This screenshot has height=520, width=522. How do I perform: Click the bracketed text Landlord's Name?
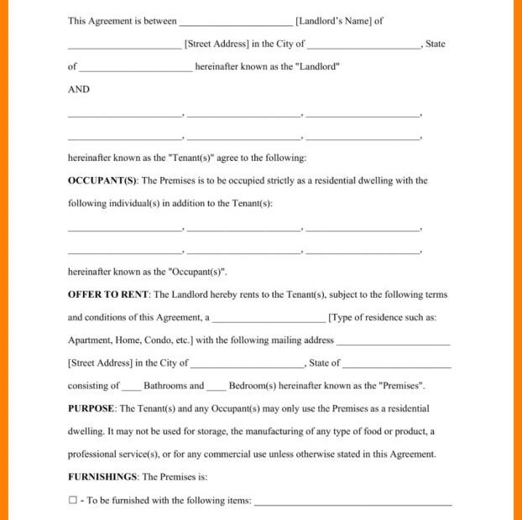click(333, 22)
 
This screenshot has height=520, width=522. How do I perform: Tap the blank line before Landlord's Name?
click(236, 23)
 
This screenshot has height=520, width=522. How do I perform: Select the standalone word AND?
click(79, 90)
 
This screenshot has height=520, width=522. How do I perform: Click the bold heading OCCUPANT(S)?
click(102, 180)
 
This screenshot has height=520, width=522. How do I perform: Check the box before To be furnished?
click(72, 501)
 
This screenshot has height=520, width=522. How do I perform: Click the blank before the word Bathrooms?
click(131, 387)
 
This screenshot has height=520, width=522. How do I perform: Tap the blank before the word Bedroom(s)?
click(217, 387)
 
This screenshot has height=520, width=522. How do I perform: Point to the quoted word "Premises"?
click(401, 386)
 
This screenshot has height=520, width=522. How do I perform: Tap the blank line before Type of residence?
click(269, 320)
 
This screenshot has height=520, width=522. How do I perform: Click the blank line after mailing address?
click(393, 342)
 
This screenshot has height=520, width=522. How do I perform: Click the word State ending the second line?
click(436, 44)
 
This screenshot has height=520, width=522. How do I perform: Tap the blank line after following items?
click(352, 502)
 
